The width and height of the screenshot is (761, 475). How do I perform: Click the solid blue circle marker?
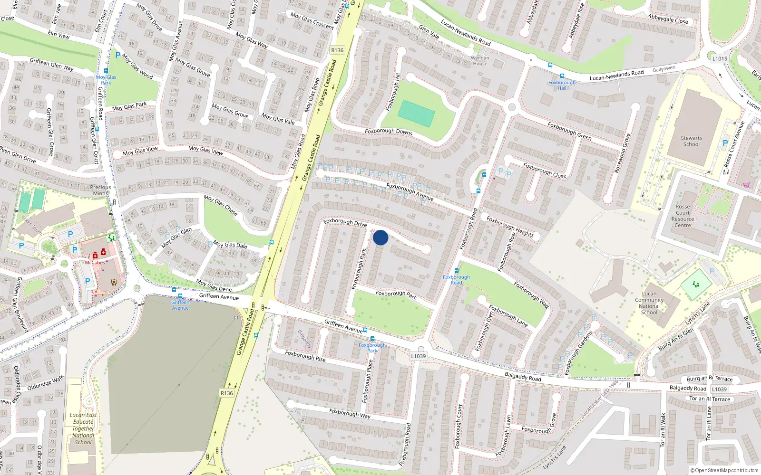[x=380, y=237]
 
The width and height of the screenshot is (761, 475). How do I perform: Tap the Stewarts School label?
[x=691, y=141]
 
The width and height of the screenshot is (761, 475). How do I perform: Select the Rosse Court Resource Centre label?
[x=683, y=216]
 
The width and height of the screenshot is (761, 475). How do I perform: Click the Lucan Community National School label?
[x=649, y=303]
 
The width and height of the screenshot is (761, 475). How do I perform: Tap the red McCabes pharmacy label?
[x=95, y=263]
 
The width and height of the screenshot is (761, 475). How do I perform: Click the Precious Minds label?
[x=100, y=190]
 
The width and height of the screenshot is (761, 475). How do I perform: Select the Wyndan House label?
[x=480, y=61]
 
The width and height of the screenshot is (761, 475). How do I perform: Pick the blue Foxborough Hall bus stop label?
[x=562, y=85]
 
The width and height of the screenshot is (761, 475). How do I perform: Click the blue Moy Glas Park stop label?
[x=106, y=80]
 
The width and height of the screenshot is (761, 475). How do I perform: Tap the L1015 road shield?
[x=720, y=58]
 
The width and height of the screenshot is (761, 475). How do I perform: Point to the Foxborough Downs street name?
[x=389, y=132]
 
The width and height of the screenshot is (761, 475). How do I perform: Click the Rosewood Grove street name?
[x=622, y=153]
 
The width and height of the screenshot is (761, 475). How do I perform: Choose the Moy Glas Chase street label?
[x=221, y=205]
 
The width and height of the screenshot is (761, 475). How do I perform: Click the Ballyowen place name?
[x=664, y=69]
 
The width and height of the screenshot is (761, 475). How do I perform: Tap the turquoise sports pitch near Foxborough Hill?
[x=416, y=113]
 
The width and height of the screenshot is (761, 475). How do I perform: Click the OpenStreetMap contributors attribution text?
[x=724, y=470]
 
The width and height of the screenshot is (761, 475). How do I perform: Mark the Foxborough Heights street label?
[x=510, y=227]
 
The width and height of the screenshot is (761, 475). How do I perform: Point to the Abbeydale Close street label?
[x=668, y=19]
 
